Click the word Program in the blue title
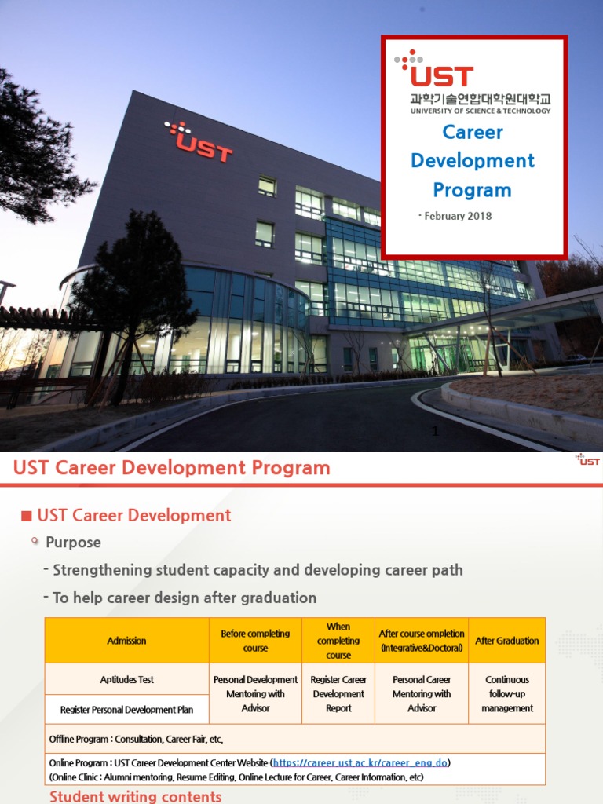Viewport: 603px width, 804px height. (472, 190)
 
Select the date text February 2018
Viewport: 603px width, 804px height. (458, 216)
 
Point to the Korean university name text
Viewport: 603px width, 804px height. (480, 99)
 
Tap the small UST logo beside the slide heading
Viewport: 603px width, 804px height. (587, 460)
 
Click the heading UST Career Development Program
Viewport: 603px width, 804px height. (172, 469)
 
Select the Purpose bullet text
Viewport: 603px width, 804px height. (73, 543)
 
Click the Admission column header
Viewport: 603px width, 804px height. (126, 641)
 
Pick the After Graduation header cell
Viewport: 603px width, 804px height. (507, 641)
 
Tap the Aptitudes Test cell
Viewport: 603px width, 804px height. (126, 679)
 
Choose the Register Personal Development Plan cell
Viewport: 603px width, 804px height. (126, 710)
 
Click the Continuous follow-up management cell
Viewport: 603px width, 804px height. (508, 694)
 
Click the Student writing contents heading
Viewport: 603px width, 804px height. (135, 797)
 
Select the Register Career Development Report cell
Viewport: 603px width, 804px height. (338, 694)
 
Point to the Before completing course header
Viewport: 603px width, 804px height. (255, 641)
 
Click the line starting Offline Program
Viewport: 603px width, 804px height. (141, 740)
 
